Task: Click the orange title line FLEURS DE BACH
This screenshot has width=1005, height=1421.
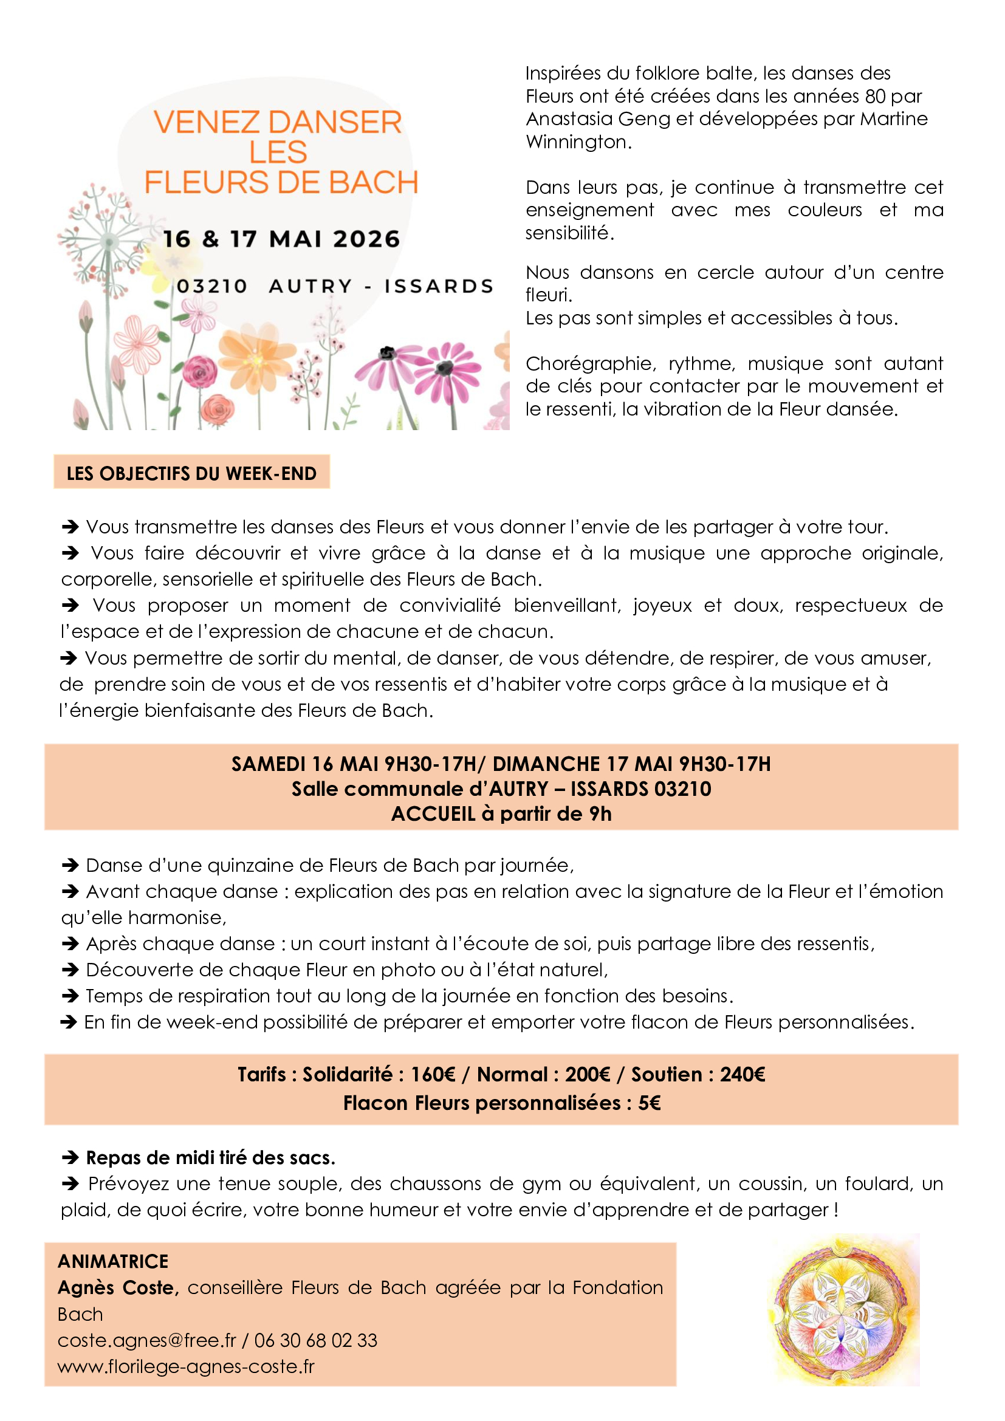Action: tap(281, 183)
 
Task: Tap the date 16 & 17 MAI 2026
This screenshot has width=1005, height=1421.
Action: tap(281, 239)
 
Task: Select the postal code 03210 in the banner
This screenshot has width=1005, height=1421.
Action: tap(211, 287)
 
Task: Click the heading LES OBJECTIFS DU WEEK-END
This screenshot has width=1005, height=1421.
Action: tap(191, 473)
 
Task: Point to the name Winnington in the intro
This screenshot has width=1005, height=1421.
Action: tap(578, 142)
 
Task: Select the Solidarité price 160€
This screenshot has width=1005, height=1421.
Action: tap(433, 1075)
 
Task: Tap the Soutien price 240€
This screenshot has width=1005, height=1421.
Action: tap(742, 1075)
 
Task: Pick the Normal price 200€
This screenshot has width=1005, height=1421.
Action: tap(588, 1075)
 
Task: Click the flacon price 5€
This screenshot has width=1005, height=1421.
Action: tap(649, 1103)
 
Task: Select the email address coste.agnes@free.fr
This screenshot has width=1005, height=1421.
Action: tap(146, 1341)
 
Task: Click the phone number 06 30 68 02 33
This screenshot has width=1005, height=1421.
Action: tap(315, 1341)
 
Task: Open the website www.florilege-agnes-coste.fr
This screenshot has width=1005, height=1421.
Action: tap(186, 1366)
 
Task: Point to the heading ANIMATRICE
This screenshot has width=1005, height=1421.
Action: tap(112, 1261)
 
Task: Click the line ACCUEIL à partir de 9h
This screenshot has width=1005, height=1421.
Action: tap(501, 814)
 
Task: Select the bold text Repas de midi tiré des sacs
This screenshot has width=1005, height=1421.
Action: tap(210, 1158)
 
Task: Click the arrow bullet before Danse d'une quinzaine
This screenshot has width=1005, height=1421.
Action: tap(70, 865)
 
